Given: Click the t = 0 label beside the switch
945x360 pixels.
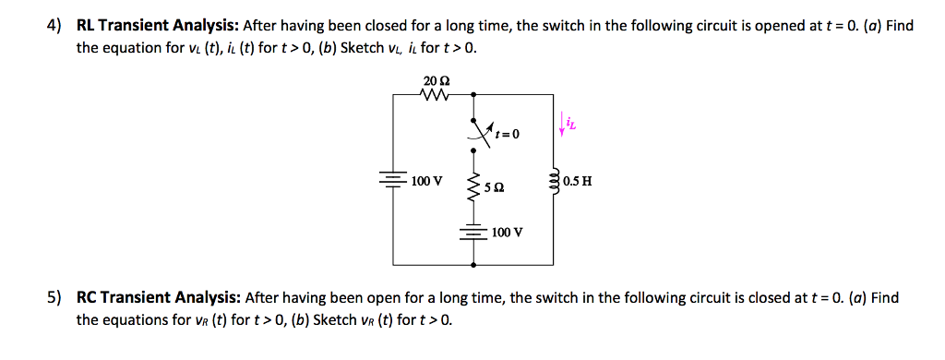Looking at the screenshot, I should click(507, 134).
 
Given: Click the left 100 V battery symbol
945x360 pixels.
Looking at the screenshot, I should click(394, 179).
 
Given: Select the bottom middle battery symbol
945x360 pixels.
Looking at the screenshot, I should click(474, 232).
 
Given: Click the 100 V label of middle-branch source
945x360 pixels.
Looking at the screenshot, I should click(508, 232).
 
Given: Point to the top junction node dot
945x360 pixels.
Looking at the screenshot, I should click(474, 93).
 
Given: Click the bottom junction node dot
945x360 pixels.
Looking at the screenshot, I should click(474, 264).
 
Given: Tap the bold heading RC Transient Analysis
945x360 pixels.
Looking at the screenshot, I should click(159, 298).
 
